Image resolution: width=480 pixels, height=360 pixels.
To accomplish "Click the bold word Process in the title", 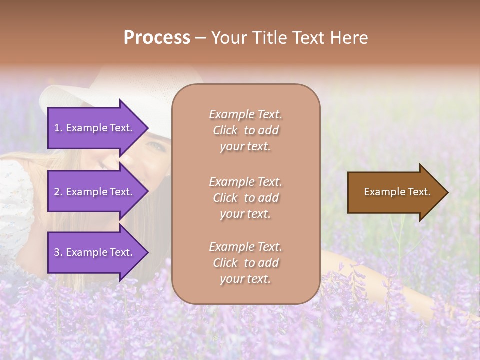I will tap(157, 38).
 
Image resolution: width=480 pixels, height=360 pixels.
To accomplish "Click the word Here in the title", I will tap(349, 38).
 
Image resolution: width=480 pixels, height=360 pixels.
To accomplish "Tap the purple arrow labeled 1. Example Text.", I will tap(95, 128).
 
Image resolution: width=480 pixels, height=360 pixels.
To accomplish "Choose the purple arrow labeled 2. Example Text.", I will tap(95, 192).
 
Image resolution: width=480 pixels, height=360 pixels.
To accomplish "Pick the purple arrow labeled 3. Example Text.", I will tap(95, 252).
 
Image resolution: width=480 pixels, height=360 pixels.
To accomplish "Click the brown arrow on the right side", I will tap(395, 192).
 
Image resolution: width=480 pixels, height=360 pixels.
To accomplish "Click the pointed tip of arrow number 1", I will tap(147, 128).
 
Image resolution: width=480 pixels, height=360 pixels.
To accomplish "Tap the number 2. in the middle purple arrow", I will tap(58, 192).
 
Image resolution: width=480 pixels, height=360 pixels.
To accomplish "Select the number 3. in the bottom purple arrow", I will tap(58, 252).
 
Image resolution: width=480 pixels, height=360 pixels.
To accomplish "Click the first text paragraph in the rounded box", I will tap(245, 130).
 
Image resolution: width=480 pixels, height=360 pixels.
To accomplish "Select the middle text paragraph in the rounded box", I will tap(245, 198).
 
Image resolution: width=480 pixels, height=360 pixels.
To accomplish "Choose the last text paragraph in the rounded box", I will tap(245, 263).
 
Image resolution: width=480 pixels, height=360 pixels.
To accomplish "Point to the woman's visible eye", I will tap(156, 146).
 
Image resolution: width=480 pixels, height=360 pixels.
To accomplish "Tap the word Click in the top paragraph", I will tap(225, 130).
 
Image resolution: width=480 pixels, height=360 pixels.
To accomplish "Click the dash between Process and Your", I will tap(200, 38).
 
